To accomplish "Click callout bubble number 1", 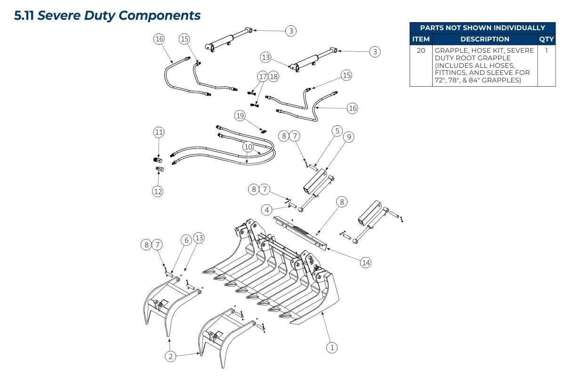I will click(x=332, y=348).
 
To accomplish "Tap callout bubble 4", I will click(x=267, y=210).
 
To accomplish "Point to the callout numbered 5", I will click(x=337, y=131).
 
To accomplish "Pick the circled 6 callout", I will click(x=186, y=240).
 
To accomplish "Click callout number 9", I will click(x=348, y=137).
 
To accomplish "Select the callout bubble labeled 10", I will click(x=248, y=147).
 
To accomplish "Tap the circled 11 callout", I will click(x=159, y=132).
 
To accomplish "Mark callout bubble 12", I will click(x=157, y=191).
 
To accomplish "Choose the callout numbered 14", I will click(x=366, y=262).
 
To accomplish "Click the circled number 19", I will click(x=240, y=115).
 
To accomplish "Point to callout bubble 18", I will click(x=274, y=76).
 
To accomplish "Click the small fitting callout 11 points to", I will click(x=159, y=160).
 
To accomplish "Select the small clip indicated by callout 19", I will click(x=264, y=131).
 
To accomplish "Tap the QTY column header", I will click(x=546, y=39).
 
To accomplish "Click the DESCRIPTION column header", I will click(x=484, y=39).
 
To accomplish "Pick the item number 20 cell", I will click(x=420, y=50).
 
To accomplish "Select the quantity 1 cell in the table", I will click(x=546, y=50).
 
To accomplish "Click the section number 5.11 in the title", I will click(x=24, y=16).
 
